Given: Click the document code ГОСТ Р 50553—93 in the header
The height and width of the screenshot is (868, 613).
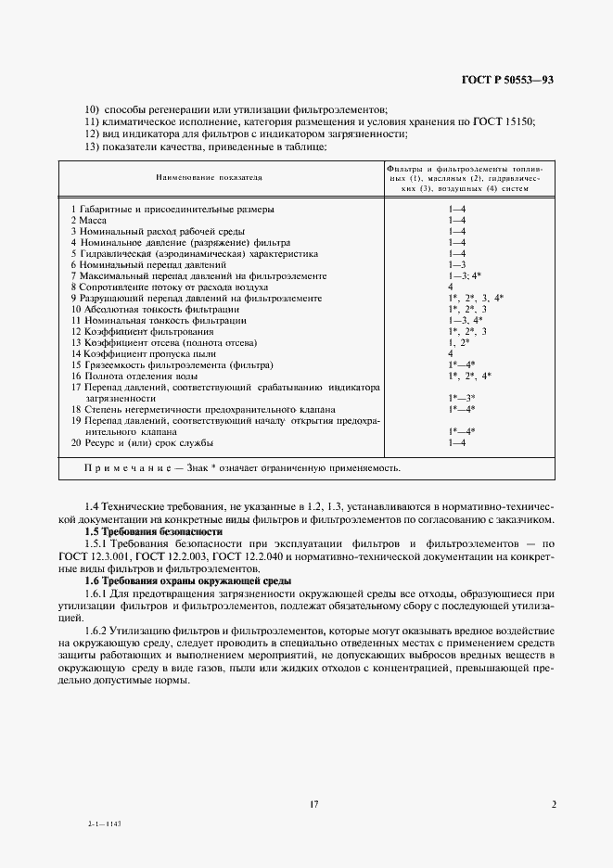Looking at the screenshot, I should coord(508,81).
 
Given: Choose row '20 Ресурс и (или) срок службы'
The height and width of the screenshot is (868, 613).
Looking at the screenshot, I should coord(142,442).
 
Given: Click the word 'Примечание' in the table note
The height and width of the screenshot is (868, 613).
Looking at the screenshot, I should coord(125,468).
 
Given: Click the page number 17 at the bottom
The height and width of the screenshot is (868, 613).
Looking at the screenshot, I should coord(314,805).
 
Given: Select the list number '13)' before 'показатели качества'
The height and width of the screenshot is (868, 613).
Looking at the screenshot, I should coord(91,147).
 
